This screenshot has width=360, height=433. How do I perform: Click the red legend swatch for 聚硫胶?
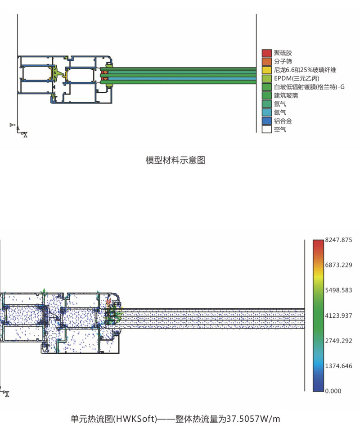click(x=267, y=53)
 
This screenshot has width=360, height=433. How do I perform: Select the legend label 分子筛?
click(x=283, y=61)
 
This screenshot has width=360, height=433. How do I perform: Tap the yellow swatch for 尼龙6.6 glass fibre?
click(x=267, y=70)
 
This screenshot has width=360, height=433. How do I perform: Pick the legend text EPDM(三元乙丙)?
click(x=296, y=78)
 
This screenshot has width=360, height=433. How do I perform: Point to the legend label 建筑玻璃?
click(x=286, y=95)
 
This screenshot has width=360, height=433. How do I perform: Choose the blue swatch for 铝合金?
click(x=267, y=121)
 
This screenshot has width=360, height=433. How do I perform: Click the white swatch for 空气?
click(x=267, y=130)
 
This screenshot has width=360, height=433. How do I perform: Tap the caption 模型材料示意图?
click(x=175, y=160)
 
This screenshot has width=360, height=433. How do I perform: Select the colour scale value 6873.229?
click(x=338, y=265)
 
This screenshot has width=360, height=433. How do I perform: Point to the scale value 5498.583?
click(x=338, y=290)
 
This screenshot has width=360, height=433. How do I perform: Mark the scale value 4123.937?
click(x=338, y=316)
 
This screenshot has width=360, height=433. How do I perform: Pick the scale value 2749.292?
click(x=338, y=341)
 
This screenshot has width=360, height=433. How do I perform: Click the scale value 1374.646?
click(x=338, y=365)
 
